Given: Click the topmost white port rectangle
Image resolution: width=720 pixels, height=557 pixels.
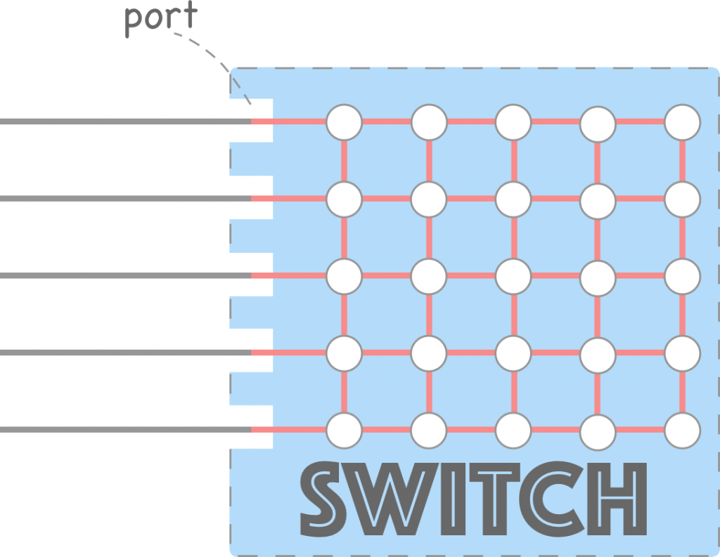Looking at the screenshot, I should coord(251,121).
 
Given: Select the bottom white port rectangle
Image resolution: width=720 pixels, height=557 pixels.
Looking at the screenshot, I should coord(251,427).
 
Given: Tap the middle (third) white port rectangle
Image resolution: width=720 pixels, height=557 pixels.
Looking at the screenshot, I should coord(251,274).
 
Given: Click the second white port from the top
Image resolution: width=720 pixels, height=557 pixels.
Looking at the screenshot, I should coord(251,197).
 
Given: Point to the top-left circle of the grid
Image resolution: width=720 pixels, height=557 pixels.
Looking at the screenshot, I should coord(344,122).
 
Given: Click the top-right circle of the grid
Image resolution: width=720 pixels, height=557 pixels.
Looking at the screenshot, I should coord(682,122).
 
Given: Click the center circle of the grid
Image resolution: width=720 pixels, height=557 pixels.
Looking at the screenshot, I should coord(513,276).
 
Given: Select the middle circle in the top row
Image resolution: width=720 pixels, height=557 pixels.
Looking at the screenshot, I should coord(513,122).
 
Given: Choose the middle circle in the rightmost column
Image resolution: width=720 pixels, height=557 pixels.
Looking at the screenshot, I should coord(682,276).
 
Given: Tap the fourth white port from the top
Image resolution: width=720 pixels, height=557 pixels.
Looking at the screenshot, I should coord(251,350).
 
